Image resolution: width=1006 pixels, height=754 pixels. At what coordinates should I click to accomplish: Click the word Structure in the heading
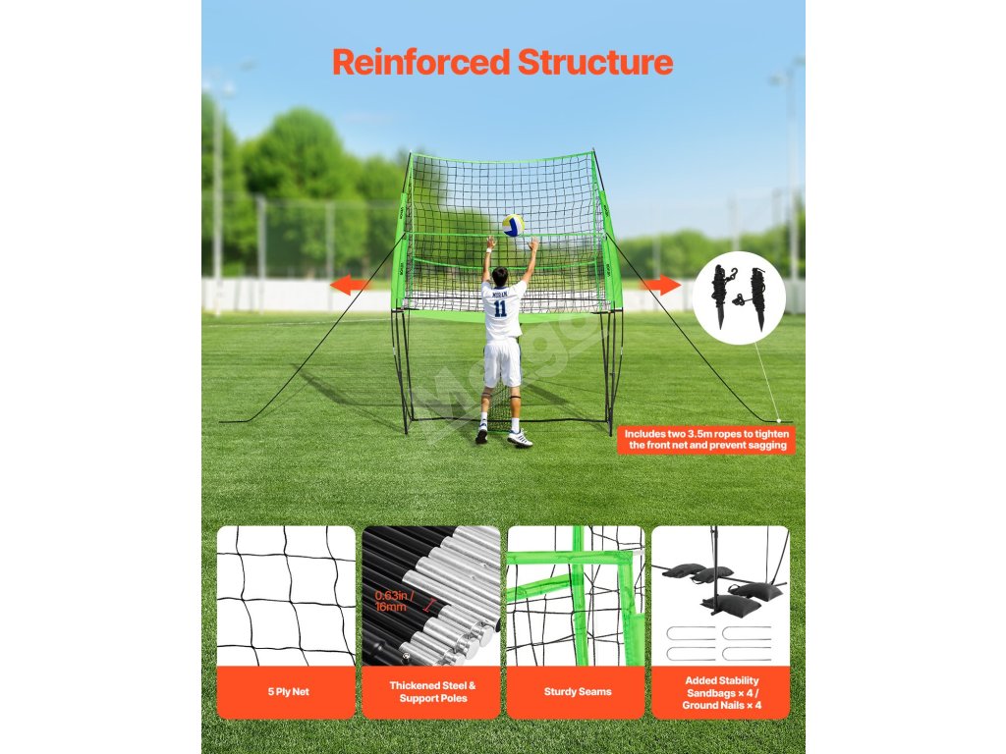tap(595, 62)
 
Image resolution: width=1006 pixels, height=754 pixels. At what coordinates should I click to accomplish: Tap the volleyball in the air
tap(513, 225)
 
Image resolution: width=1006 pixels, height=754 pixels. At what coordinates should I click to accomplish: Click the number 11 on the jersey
tap(501, 307)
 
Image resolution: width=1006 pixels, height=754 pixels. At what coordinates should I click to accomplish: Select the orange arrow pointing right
tap(660, 285)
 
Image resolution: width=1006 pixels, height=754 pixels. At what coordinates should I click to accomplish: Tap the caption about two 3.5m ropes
tap(707, 439)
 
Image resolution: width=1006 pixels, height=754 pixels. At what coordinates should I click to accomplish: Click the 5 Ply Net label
tap(287, 692)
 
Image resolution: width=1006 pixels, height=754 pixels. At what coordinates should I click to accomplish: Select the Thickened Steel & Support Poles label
tap(431, 692)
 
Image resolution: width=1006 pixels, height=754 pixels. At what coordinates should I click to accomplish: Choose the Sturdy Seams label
tap(577, 692)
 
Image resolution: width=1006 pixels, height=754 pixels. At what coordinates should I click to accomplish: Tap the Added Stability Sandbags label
tap(721, 692)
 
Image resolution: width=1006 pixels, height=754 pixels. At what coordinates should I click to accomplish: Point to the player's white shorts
tap(502, 363)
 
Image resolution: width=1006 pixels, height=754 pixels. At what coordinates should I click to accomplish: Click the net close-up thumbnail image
tap(286, 596)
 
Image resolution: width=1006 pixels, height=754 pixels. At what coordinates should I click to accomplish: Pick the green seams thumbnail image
tap(577, 596)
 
